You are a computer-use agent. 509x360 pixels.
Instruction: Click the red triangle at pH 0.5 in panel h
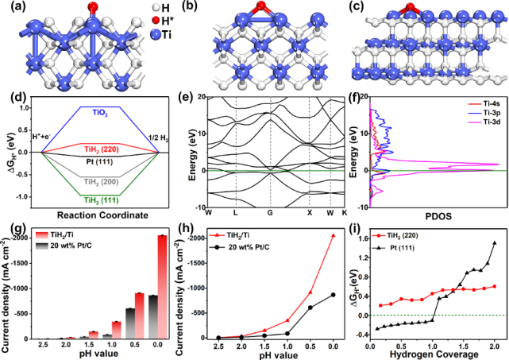coord(310,292)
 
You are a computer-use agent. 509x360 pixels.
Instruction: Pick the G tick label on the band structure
coord(271,213)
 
